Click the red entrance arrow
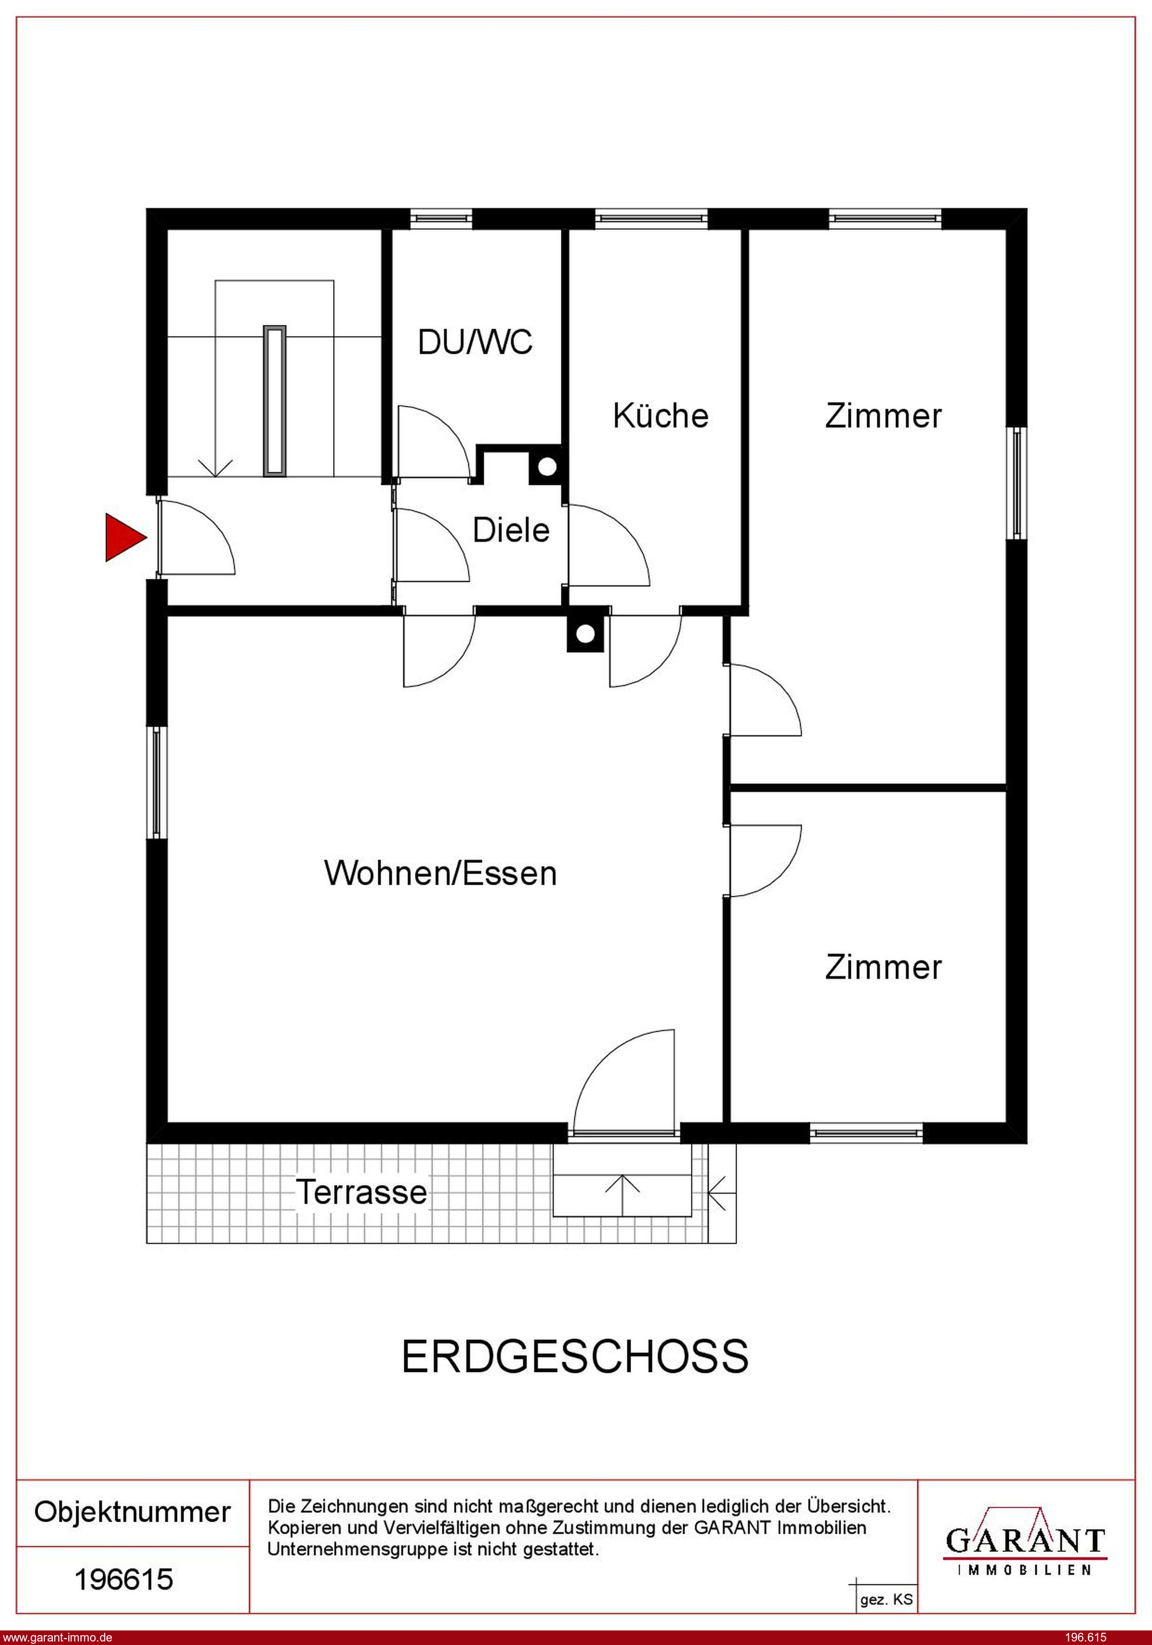click(x=123, y=537)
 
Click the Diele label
click(x=511, y=530)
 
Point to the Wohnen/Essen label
click(x=440, y=873)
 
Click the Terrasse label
click(x=362, y=1192)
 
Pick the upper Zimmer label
click(x=882, y=416)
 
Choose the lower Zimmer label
click(x=882, y=967)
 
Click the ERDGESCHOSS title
click(x=575, y=1356)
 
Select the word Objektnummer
click(x=133, y=1512)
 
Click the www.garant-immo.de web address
click(x=56, y=1637)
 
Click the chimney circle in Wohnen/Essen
click(x=585, y=634)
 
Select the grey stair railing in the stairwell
click(x=274, y=401)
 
